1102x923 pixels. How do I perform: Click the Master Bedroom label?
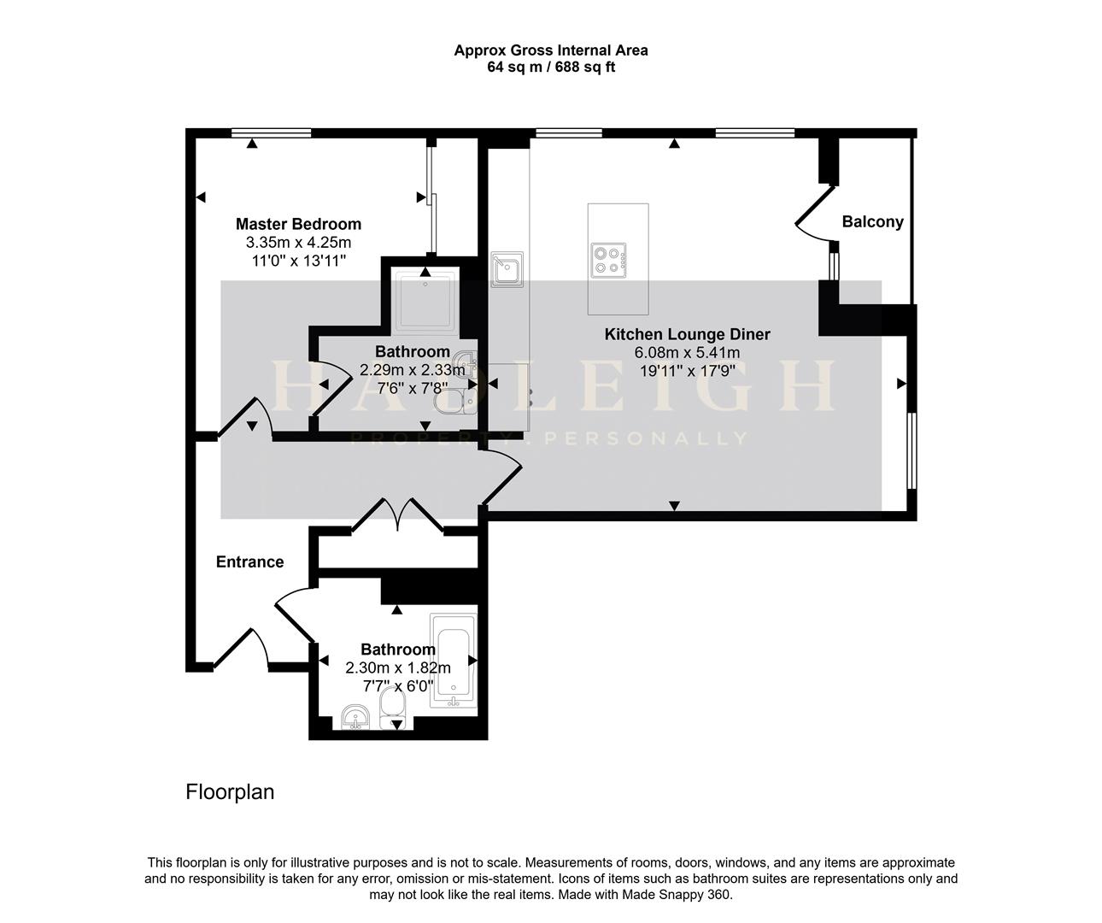[298, 224]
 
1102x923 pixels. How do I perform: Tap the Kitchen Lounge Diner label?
[687, 334]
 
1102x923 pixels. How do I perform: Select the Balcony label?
[872, 222]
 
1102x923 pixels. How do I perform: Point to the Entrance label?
[249, 561]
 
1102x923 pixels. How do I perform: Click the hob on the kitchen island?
[608, 260]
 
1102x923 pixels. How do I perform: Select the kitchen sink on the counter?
[507, 270]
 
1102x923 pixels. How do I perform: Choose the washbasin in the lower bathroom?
[354, 716]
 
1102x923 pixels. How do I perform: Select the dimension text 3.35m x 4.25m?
[298, 243]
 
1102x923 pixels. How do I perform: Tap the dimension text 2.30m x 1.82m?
[397, 667]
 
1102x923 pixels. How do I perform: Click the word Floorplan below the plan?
[230, 792]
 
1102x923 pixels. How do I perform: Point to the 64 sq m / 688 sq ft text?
[550, 67]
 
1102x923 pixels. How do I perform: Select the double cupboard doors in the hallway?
[397, 516]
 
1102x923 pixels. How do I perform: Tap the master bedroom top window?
[271, 132]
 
